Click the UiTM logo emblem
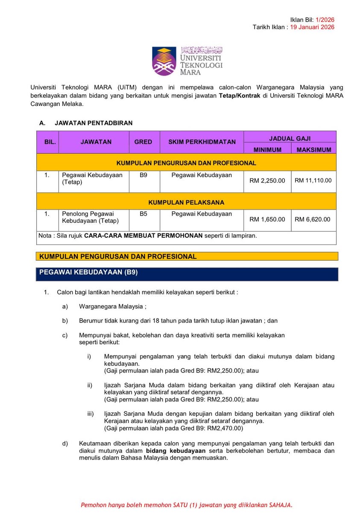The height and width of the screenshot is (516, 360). click(x=164, y=61)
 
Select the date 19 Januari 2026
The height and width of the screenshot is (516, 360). click(x=312, y=27)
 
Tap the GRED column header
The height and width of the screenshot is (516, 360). click(x=143, y=142)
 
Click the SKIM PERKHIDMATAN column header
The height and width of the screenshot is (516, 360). click(x=202, y=142)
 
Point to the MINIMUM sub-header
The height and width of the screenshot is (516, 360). click(x=267, y=149)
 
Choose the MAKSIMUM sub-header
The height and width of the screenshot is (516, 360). click(x=314, y=149)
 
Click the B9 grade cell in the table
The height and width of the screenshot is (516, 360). click(x=143, y=175)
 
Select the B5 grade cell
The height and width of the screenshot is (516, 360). click(x=143, y=214)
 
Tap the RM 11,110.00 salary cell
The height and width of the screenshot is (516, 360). click(x=313, y=181)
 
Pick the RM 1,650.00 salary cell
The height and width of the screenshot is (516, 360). click(x=267, y=219)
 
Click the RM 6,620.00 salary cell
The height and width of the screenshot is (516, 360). click(x=313, y=219)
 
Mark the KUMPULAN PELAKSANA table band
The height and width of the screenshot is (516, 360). click(x=186, y=202)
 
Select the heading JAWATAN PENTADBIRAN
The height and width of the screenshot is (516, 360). click(x=94, y=123)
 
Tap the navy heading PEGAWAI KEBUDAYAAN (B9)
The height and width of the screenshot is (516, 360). click(x=88, y=272)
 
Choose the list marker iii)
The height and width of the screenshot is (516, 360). click(x=90, y=414)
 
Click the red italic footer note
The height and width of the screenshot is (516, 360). click(x=187, y=505)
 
